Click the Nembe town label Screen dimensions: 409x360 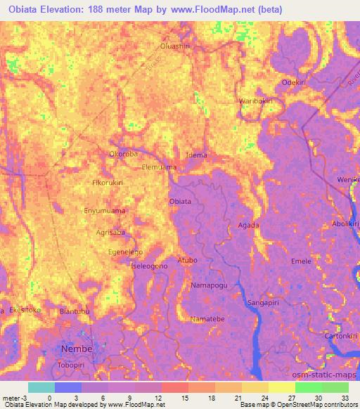tap(77, 351)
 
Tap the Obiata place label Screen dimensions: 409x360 tap(180, 202)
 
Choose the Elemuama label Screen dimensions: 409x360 tap(159, 168)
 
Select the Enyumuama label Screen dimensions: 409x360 tap(104, 209)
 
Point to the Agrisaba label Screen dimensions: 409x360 tap(110, 231)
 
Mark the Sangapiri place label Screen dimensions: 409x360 tap(264, 303)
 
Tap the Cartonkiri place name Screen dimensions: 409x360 tap(341, 336)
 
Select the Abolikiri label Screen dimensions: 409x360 tap(345, 225)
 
